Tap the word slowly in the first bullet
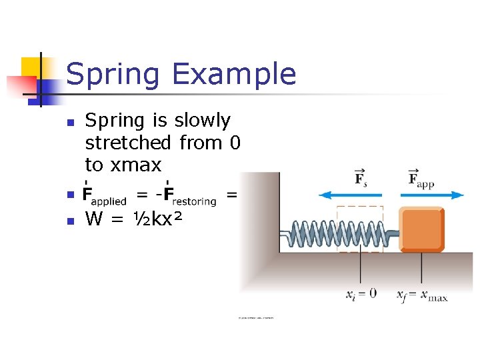[x=202, y=121]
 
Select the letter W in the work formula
[x=95, y=219]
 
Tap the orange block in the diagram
[x=421, y=230]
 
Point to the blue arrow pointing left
[x=351, y=195]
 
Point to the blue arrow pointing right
[x=433, y=195]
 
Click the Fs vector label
[x=361, y=178]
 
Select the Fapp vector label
[x=420, y=178]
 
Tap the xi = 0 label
[x=361, y=293]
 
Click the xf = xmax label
[x=422, y=294]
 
